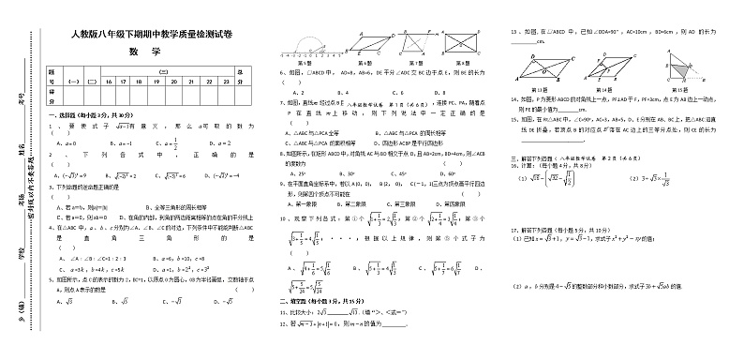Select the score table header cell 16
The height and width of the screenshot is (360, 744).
pyautogui.click(x=108, y=82)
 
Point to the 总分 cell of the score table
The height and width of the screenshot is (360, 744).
pyautogui.click(x=242, y=77)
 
